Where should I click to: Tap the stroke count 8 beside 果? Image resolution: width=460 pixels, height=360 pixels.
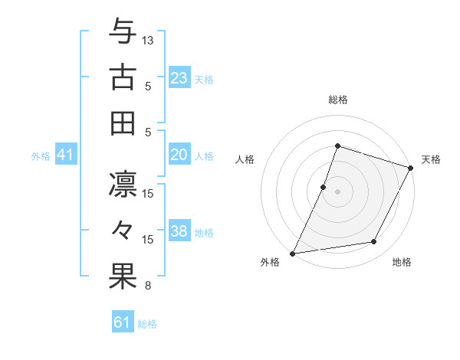(148, 286)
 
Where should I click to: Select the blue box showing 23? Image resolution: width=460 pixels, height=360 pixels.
(179, 78)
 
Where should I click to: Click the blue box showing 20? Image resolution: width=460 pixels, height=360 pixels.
(179, 155)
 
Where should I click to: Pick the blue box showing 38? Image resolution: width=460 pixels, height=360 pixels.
(179, 231)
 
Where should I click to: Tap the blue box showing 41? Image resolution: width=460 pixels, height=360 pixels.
(65, 155)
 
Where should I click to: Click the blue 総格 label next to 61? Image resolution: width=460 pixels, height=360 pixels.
(147, 324)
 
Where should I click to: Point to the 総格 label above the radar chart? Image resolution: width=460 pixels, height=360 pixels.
(337, 100)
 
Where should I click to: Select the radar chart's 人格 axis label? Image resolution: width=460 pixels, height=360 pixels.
(245, 159)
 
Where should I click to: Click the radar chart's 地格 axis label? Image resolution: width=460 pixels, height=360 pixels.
(402, 262)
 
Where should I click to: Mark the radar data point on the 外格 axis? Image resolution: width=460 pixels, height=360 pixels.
(293, 254)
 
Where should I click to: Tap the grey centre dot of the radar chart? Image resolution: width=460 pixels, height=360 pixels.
(337, 191)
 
